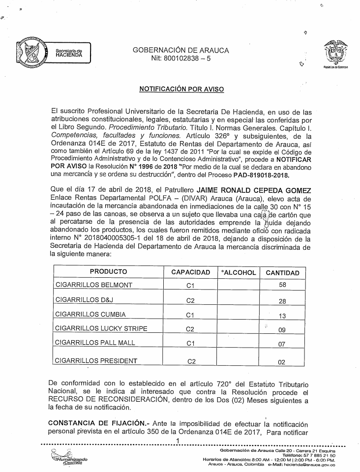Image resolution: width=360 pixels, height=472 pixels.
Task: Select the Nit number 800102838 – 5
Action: (x=181, y=59)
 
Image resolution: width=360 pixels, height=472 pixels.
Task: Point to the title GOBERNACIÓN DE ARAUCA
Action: (x=180, y=50)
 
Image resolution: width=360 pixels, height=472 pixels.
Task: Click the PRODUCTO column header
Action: (x=109, y=272)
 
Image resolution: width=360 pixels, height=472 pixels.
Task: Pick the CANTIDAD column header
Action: (x=282, y=272)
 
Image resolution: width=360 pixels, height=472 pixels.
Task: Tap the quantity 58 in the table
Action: (x=282, y=286)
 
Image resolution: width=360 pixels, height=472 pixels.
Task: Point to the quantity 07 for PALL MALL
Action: (x=282, y=344)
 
